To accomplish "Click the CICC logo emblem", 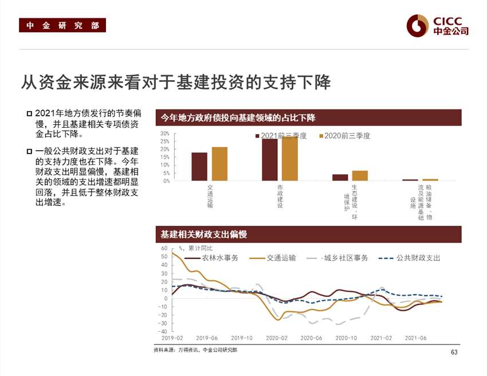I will coord(418,25).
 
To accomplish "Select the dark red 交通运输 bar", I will coord(199,166).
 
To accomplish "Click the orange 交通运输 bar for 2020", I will coord(219,164).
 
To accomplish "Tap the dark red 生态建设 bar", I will coord(340,177).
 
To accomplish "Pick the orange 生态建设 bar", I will coord(360,175).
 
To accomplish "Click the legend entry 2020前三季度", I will coord(347,136).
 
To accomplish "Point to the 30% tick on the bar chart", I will coord(164,134).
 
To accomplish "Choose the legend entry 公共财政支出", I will coord(418,258).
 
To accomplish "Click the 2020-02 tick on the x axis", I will coord(276,338).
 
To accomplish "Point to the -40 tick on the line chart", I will coord(164,331).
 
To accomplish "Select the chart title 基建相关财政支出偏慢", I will coord(204,234).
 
